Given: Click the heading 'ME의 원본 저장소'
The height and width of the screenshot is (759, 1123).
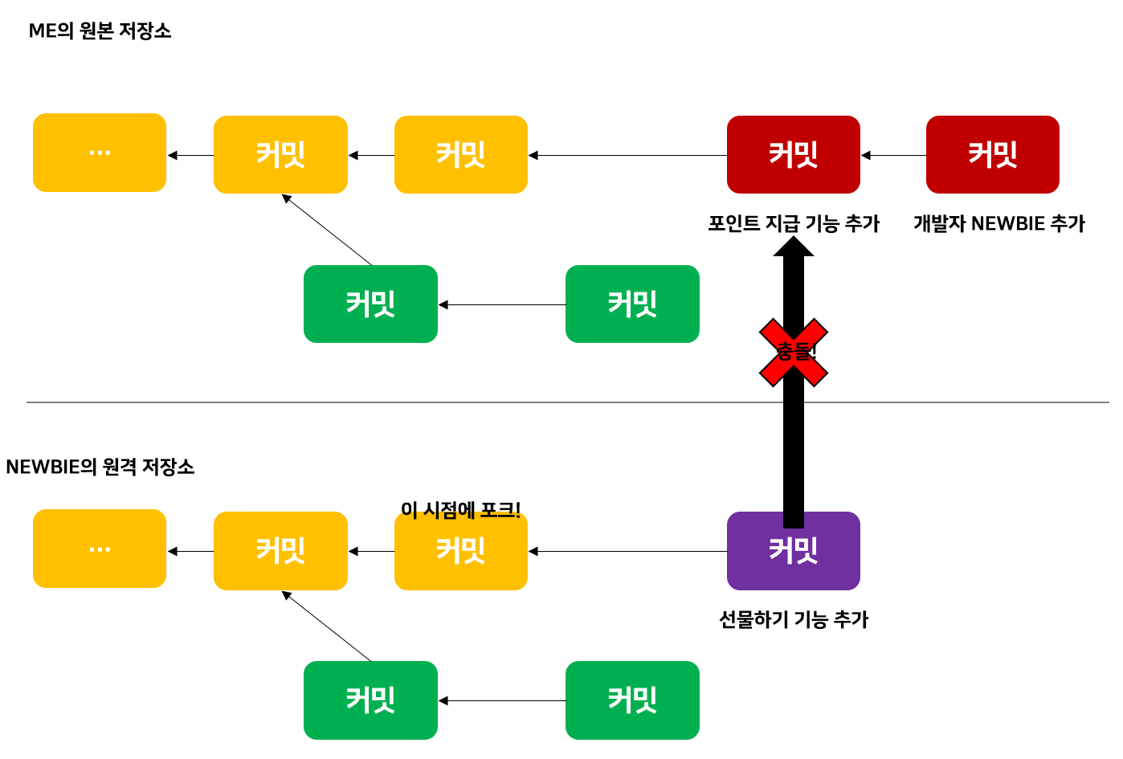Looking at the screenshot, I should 100,31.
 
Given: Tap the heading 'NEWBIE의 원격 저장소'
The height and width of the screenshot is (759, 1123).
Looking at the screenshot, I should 100,467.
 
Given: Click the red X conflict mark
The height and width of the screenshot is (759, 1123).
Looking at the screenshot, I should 793,352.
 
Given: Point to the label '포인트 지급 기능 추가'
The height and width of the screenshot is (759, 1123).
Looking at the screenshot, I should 793,223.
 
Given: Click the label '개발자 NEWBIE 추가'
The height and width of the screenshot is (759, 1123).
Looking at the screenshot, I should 998,223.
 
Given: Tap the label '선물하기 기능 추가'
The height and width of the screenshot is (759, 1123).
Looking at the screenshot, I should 793,619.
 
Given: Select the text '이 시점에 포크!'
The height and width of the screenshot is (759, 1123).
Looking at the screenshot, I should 460,509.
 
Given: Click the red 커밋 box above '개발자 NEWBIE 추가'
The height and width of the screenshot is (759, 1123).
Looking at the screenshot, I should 992,154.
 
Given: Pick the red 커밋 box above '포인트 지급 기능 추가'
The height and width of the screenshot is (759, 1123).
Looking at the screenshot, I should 793,154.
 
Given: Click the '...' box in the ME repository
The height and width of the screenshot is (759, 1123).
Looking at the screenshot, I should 100,153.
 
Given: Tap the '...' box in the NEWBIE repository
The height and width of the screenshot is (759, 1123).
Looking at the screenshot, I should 100,549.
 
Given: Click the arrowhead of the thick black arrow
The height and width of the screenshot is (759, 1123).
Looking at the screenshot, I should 793,247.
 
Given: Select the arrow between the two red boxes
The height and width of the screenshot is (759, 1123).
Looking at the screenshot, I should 893,155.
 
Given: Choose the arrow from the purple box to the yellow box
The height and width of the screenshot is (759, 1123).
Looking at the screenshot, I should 627,552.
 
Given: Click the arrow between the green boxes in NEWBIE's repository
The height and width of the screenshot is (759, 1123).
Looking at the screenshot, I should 501,701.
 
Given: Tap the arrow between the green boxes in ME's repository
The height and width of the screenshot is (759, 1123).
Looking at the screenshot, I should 501,305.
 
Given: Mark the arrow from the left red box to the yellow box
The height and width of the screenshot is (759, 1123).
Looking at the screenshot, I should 627,155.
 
